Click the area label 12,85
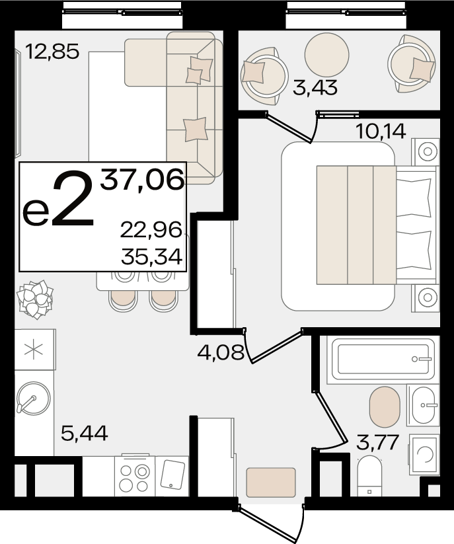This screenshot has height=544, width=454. point(52,52)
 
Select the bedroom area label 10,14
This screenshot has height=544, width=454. point(381,132)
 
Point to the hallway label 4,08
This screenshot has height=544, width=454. point(221,352)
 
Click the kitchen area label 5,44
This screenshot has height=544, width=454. point(85,434)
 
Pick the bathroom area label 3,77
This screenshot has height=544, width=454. point(377,443)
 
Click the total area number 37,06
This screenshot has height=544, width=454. point(142,179)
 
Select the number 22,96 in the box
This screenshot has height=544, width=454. point(151,230)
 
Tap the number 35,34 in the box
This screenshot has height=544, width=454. point(151,257)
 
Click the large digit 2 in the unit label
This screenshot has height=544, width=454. point(73,198)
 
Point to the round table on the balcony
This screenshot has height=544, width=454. point(326,55)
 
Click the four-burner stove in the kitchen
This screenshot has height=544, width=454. point(135,477)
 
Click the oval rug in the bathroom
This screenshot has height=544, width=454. point(385,407)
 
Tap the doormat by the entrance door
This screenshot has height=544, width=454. point(271,483)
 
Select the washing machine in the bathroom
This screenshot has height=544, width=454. point(424,454)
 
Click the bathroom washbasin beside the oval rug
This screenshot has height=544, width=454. point(424,405)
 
